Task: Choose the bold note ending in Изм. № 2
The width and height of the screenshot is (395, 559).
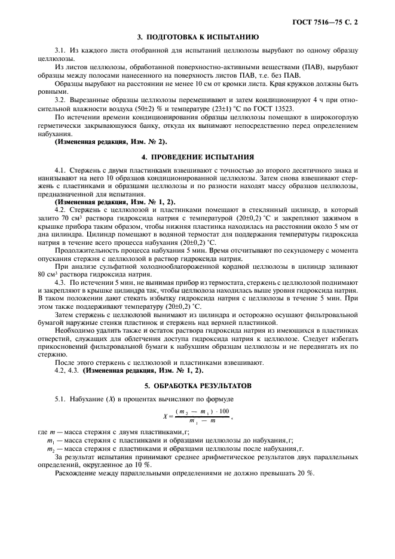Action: [x=111, y=142]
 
